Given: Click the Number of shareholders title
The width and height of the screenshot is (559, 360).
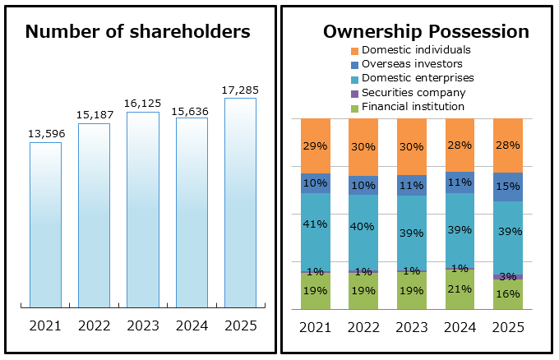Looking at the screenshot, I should click(x=137, y=32).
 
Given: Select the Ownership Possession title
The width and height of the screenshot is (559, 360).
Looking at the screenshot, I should click(x=426, y=32).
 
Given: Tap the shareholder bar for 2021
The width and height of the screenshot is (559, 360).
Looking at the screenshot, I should click(x=45, y=225).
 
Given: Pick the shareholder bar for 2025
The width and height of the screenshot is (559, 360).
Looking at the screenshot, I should click(x=240, y=203).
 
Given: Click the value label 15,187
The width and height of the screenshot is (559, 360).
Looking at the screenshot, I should click(x=94, y=114).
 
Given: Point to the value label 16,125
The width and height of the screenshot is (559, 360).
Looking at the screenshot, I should click(x=143, y=104).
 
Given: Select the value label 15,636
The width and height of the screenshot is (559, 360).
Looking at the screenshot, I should click(x=192, y=108).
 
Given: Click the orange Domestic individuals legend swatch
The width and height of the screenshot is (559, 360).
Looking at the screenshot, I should click(x=355, y=50).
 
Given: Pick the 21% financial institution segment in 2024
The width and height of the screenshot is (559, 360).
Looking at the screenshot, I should click(x=460, y=288).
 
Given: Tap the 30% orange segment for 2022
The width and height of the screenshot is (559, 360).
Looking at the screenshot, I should click(x=363, y=147).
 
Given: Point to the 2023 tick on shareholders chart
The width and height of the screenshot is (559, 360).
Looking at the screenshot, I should click(x=143, y=325).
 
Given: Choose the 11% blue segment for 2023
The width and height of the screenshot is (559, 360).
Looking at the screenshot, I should click(x=412, y=185).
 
